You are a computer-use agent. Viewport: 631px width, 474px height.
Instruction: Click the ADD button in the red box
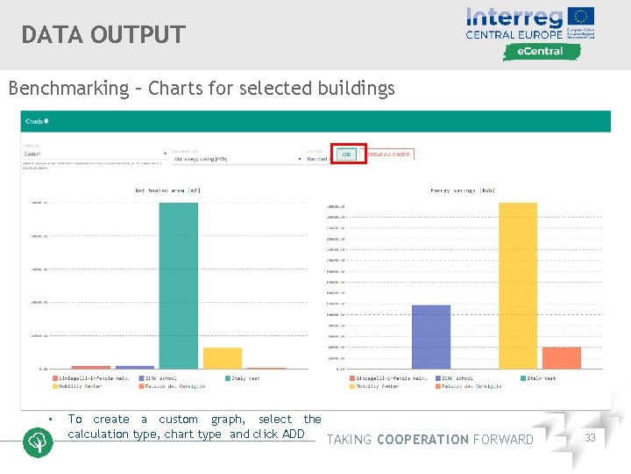point(346,154)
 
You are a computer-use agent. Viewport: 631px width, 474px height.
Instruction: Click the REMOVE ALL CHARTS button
point(388,154)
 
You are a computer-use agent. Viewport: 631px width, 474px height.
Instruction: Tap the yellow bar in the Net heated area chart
point(223,358)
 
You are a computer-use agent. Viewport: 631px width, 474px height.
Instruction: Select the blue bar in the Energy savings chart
point(430,336)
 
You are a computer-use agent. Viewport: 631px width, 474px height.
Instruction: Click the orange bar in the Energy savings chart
point(562,357)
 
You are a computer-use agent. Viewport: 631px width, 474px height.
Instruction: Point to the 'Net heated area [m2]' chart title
point(167,190)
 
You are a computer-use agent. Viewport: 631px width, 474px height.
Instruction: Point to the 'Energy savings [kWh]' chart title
point(463,190)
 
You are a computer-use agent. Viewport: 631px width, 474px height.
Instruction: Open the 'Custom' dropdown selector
point(94,153)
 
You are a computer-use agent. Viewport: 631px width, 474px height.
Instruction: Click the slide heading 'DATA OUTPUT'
point(103,34)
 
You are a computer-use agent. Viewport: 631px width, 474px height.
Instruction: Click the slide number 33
point(590,438)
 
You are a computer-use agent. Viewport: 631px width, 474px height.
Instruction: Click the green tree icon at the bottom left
point(37,442)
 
